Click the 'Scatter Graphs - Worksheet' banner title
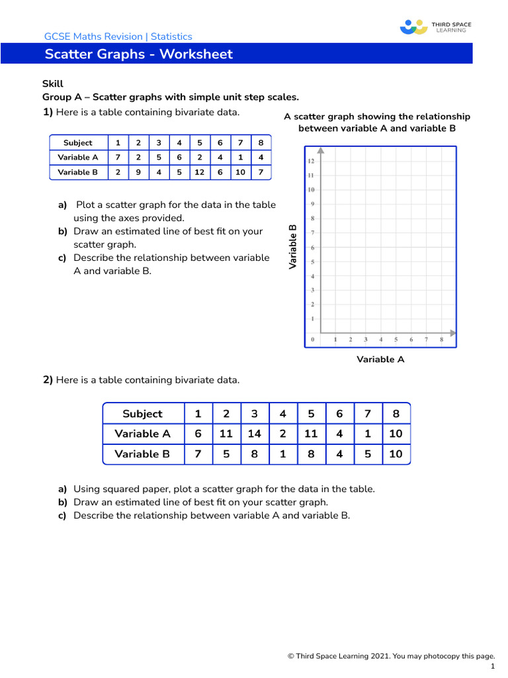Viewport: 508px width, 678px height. [139, 54]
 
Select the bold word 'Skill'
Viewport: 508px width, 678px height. [53, 84]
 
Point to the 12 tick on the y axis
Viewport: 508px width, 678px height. [311, 161]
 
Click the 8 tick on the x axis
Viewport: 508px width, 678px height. [442, 340]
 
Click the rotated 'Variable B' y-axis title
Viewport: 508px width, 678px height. [292, 246]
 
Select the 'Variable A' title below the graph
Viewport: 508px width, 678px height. [380, 360]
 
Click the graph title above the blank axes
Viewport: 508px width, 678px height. [377, 122]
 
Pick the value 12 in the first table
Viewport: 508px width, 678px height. [199, 172]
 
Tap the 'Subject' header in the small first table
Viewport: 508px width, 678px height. [77, 143]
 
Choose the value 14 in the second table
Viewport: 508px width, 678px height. [255, 434]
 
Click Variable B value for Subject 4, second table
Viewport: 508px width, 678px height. [283, 454]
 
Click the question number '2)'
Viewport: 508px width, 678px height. [48, 380]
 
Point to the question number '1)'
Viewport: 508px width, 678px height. [48, 112]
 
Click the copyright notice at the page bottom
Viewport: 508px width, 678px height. [391, 656]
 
